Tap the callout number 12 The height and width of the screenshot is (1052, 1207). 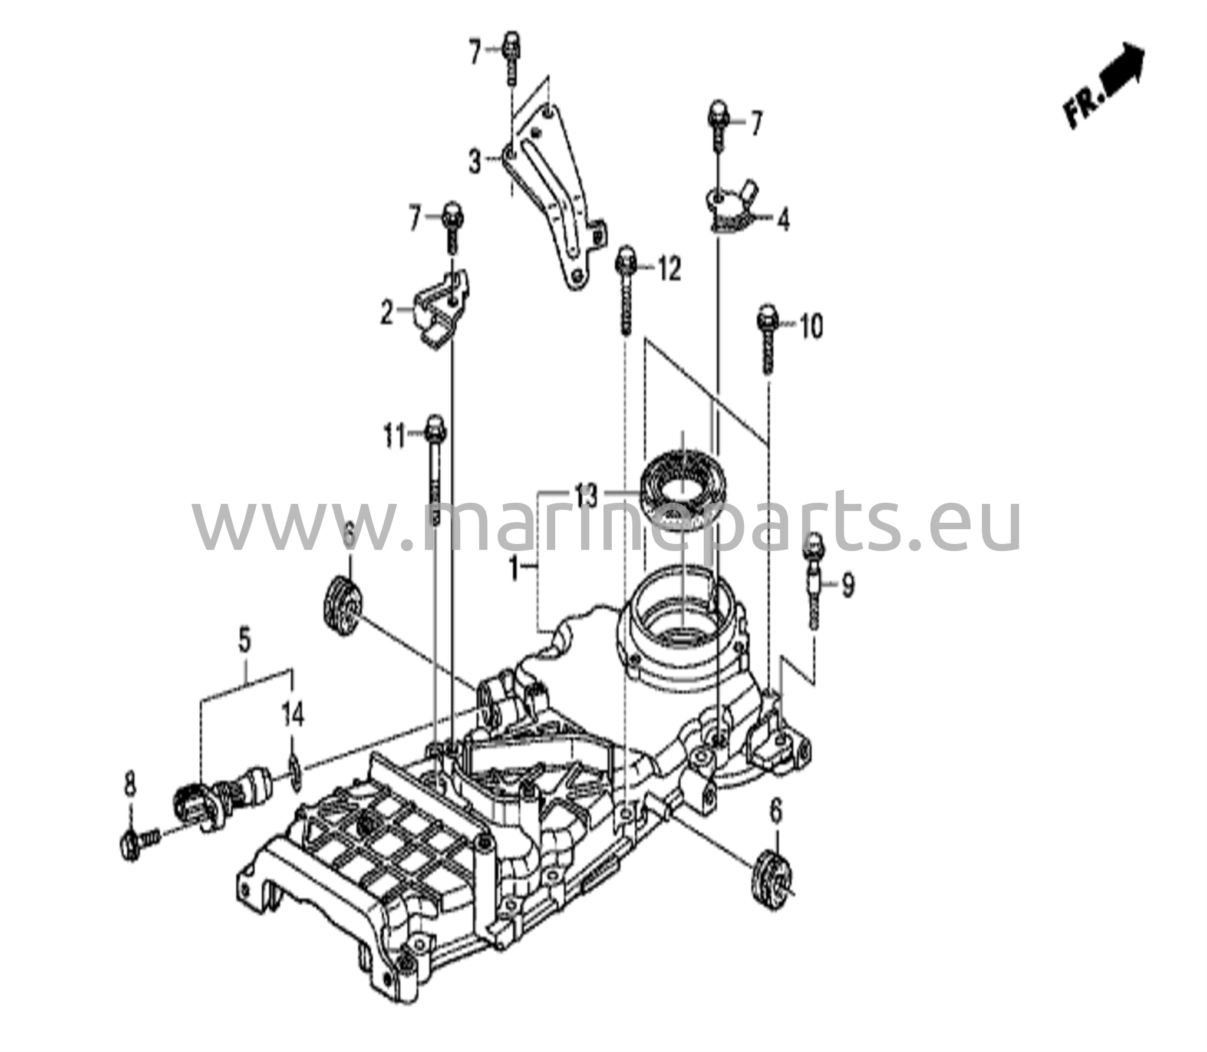(x=669, y=269)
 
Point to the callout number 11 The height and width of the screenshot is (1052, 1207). (x=394, y=437)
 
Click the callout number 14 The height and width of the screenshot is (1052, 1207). (x=294, y=716)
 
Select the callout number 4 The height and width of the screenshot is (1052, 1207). (x=783, y=219)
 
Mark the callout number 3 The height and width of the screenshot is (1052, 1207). (x=475, y=161)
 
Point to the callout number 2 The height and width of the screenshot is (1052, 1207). (x=387, y=312)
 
